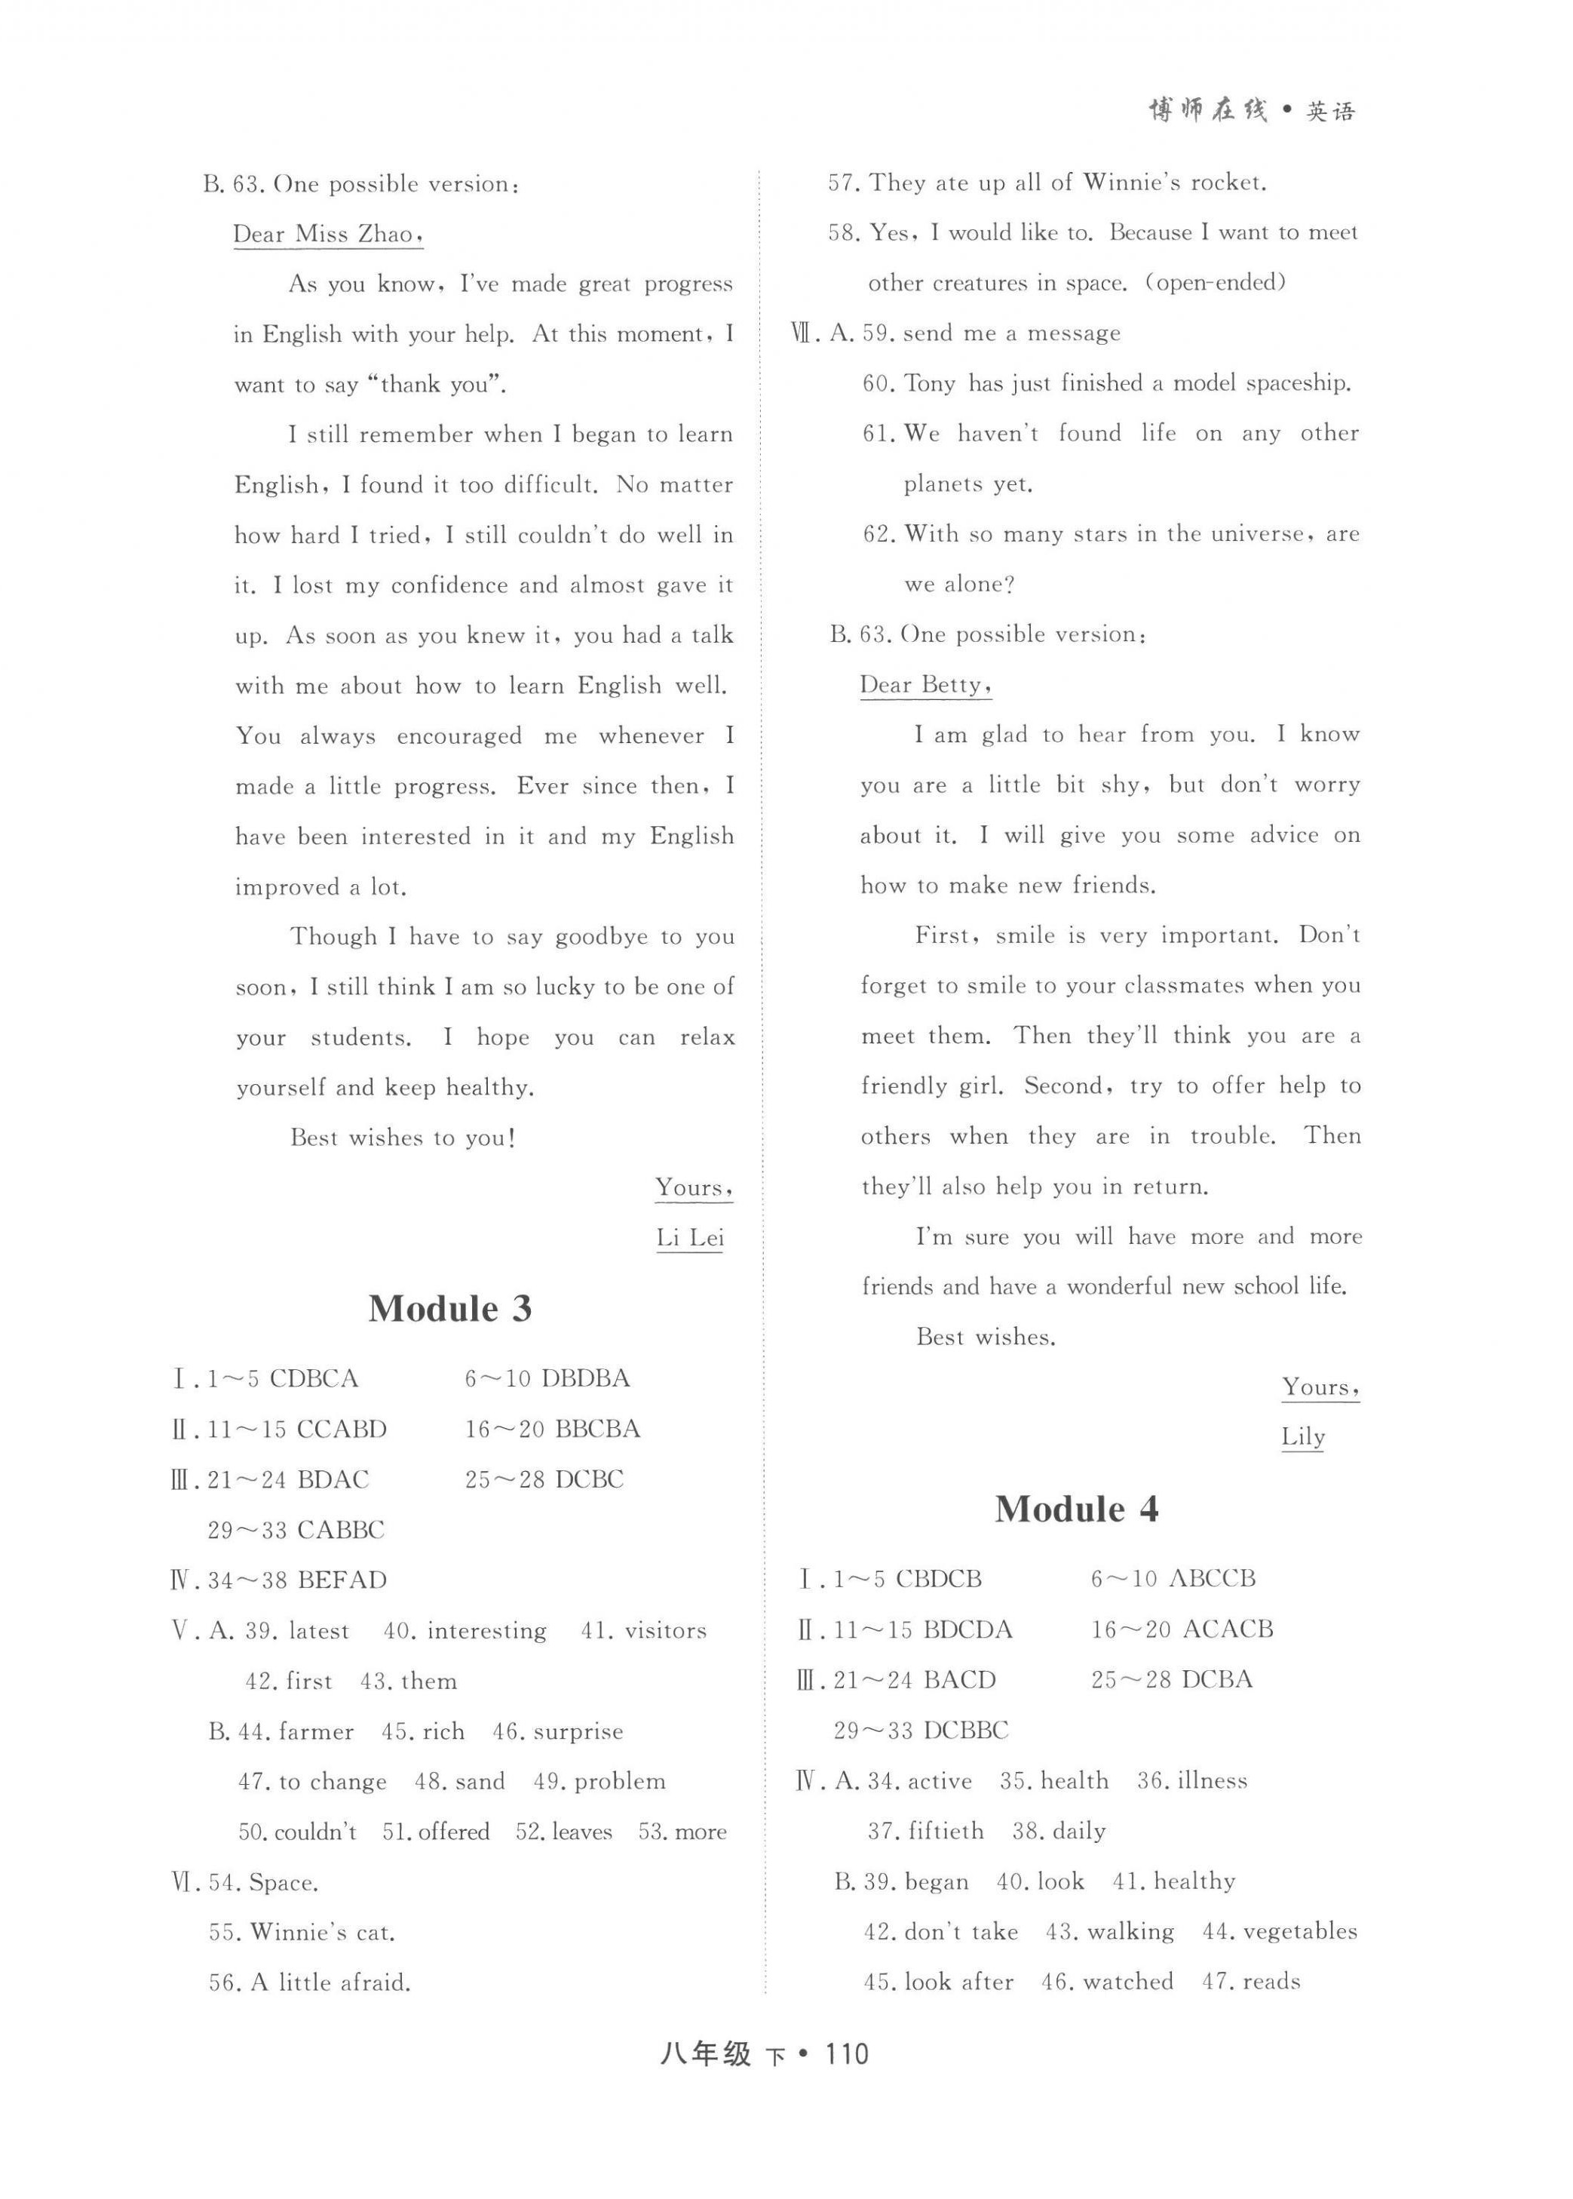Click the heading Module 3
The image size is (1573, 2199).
point(449,1309)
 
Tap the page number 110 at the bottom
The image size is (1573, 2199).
point(845,2053)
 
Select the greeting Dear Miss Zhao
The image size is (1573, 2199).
point(327,235)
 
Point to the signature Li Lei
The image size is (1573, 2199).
point(690,1238)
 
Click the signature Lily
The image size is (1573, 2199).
point(1303,1436)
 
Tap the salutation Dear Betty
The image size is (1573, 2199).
point(925,685)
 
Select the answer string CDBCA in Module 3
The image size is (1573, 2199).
point(314,1378)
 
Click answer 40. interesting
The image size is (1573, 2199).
point(465,1631)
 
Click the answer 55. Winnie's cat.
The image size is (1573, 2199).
point(301,1933)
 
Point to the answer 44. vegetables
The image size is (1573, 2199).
point(1279,1932)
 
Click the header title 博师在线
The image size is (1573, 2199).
point(1207,112)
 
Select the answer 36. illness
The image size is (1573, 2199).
point(1191,1780)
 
